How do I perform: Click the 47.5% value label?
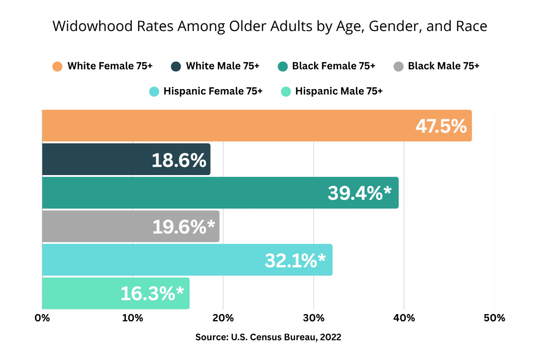point(441,127)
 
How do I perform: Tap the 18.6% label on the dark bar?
point(179,160)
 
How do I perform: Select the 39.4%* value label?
point(360,193)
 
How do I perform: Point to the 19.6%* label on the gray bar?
point(184,227)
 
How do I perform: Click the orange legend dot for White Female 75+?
point(57,66)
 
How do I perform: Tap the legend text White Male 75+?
point(221,66)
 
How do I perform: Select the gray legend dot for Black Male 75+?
point(399,66)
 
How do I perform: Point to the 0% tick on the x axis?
point(42,318)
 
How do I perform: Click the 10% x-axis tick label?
point(132,318)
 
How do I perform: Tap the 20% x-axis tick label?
point(223,318)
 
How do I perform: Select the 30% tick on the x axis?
point(313,318)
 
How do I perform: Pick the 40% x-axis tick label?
point(404,318)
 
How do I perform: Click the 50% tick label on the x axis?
point(494,318)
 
